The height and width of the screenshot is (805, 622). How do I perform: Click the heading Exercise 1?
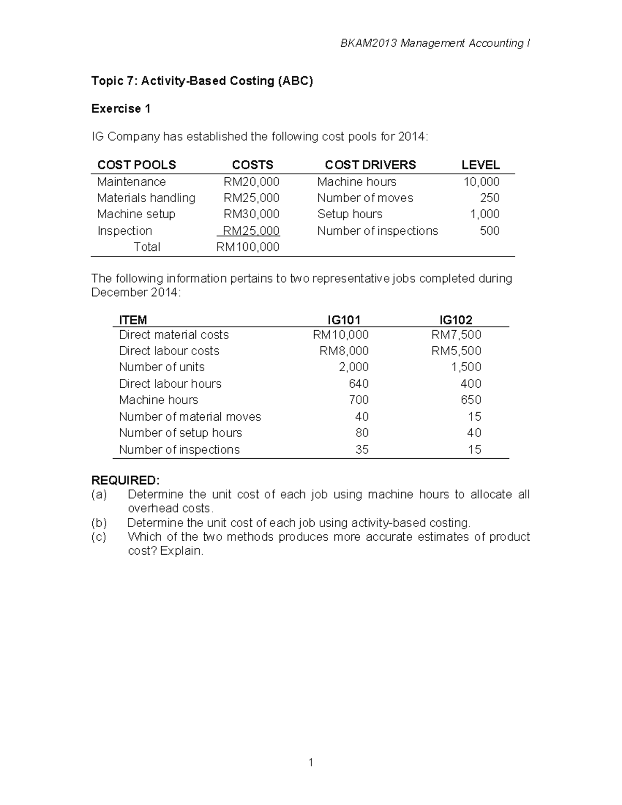tap(121, 109)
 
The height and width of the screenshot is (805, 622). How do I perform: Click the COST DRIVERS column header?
tap(370, 165)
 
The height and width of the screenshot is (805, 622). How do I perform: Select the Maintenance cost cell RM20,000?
tap(251, 182)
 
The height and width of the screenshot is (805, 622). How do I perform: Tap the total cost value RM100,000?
tap(248, 247)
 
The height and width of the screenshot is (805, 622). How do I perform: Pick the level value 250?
tap(489, 198)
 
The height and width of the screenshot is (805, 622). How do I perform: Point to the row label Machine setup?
tap(136, 214)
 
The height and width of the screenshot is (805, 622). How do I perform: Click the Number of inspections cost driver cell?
tap(377, 231)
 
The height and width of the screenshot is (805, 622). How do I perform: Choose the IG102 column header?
tap(456, 320)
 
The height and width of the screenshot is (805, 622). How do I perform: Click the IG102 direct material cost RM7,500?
tap(456, 335)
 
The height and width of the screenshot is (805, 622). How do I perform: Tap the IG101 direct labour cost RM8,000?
tap(344, 351)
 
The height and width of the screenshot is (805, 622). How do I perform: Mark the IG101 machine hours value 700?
tap(359, 400)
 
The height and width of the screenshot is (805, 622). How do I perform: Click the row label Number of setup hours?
tap(180, 433)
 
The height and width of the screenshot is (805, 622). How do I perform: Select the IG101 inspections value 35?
tap(362, 449)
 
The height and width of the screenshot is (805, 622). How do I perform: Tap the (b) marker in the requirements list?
tap(98, 522)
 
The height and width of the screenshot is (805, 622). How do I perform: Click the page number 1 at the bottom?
tap(310, 762)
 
